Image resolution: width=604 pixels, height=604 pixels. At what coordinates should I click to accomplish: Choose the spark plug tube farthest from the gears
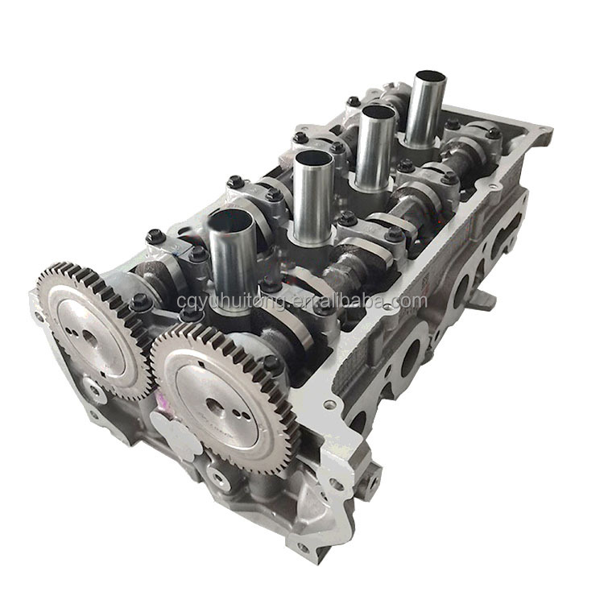[x=427, y=109]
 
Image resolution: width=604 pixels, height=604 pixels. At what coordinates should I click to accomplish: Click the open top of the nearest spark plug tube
[x=230, y=220]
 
